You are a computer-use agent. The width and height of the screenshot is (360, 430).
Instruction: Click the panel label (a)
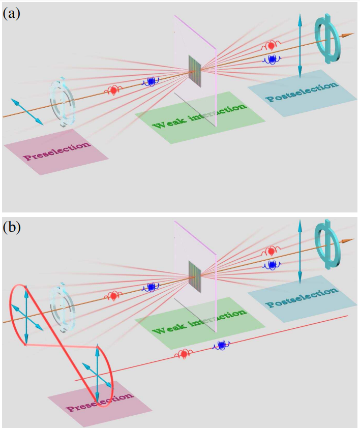tap(11, 13)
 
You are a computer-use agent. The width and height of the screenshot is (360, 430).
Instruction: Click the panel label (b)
tap(11, 227)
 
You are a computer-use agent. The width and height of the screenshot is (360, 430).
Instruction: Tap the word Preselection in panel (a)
tap(56, 151)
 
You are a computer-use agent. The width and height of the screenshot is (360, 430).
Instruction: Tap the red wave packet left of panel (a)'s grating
tap(113, 90)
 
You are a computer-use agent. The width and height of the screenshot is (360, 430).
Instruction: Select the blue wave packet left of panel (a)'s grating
tap(151, 81)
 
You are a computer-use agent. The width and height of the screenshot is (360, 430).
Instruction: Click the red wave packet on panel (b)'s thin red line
tap(183, 354)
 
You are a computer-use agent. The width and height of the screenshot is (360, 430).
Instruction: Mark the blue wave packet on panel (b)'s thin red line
tap(221, 346)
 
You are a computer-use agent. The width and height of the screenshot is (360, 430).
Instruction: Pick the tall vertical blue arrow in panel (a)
tap(300, 46)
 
